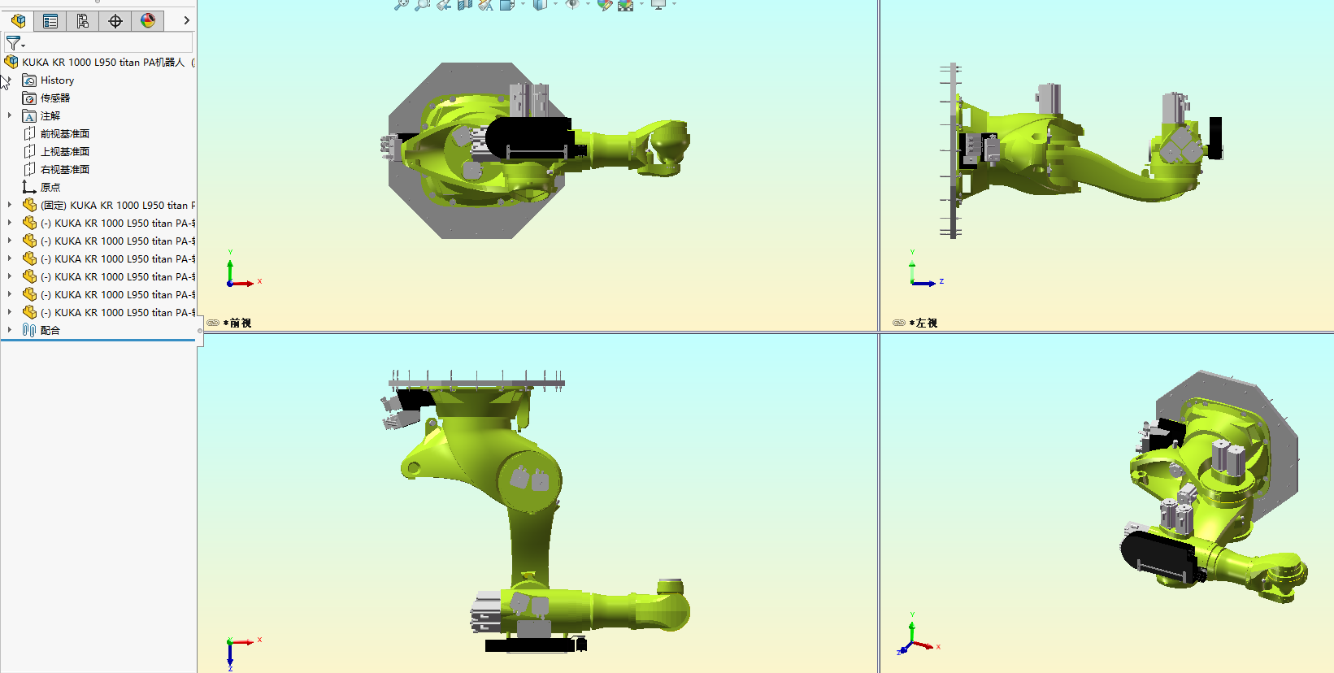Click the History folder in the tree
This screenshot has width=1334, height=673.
pyautogui.click(x=57, y=80)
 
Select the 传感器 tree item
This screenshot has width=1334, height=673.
pyautogui.click(x=54, y=98)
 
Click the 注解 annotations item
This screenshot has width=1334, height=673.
pyautogui.click(x=50, y=116)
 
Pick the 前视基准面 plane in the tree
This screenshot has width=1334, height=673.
pyautogui.click(x=64, y=134)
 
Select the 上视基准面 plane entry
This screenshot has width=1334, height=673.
pyautogui.click(x=64, y=152)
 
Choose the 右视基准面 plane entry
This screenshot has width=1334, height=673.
pyautogui.click(x=64, y=170)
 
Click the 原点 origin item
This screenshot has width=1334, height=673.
pyautogui.click(x=50, y=188)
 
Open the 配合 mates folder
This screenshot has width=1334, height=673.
pyautogui.click(x=50, y=331)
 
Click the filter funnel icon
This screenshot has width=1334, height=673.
pyautogui.click(x=13, y=42)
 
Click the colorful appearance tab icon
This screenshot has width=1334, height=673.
pyautogui.click(x=148, y=21)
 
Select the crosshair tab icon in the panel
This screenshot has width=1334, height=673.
pyautogui.click(x=115, y=21)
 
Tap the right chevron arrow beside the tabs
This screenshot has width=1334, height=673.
pyautogui.click(x=186, y=21)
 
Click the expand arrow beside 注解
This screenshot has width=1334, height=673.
pyautogui.click(x=10, y=116)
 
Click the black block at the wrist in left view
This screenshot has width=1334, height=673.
pyautogui.click(x=1215, y=137)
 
